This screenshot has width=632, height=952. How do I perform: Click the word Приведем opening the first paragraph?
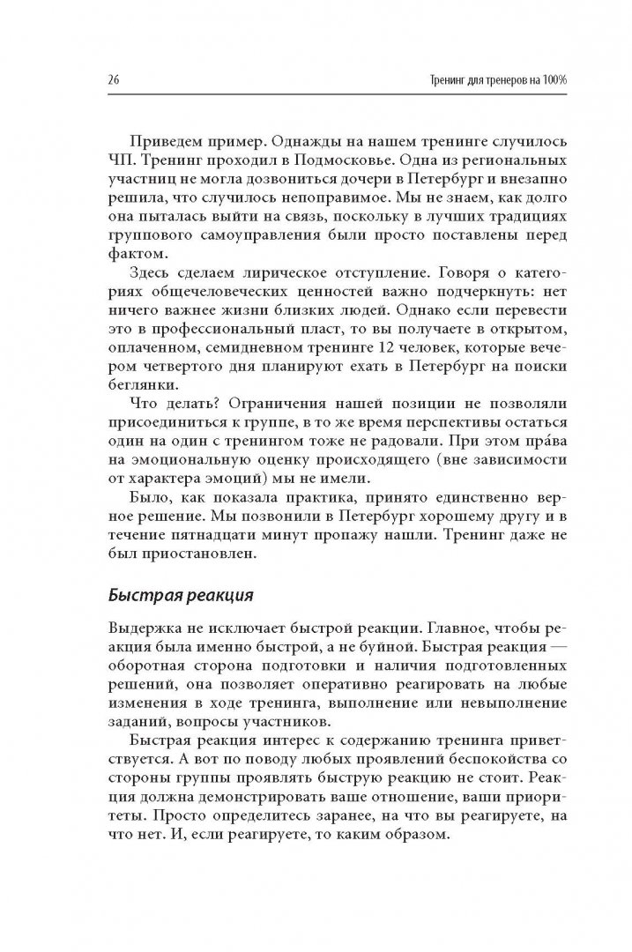click(164, 143)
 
